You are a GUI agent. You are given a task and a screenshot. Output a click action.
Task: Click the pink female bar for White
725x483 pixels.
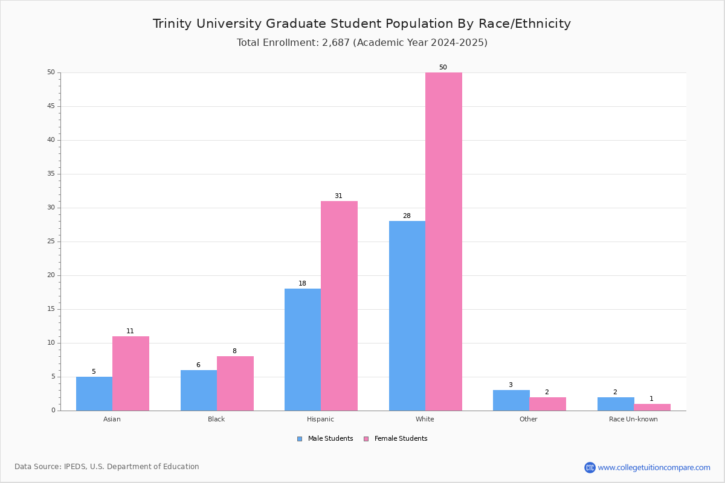(x=443, y=241)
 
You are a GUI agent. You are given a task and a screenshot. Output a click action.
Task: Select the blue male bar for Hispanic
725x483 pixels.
(x=303, y=350)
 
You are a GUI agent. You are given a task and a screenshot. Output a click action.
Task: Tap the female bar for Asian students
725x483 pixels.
(x=130, y=373)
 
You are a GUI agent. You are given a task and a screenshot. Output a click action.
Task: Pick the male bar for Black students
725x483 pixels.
(x=199, y=390)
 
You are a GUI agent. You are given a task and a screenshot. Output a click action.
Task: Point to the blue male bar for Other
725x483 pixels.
(x=511, y=400)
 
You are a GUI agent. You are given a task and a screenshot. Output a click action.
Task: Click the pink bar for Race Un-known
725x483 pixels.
(x=652, y=407)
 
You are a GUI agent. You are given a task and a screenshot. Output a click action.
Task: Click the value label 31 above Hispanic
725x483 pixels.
(x=338, y=196)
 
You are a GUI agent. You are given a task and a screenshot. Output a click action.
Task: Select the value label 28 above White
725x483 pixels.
(x=407, y=216)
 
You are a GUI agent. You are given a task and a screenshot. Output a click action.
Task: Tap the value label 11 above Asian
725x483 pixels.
(x=130, y=331)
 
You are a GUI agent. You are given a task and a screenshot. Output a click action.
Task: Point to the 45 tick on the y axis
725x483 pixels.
(x=51, y=106)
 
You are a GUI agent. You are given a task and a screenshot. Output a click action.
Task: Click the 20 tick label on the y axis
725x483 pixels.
(x=51, y=275)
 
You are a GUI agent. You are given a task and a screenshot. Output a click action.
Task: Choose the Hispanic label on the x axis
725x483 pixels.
(x=320, y=419)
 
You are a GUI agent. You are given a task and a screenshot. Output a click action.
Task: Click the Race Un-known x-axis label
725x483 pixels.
(x=633, y=419)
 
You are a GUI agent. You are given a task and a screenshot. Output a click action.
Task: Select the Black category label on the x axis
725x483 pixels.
(x=216, y=419)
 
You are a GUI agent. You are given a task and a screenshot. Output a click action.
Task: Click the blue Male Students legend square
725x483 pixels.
(x=300, y=439)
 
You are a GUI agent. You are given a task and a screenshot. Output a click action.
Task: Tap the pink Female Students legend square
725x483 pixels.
(x=366, y=439)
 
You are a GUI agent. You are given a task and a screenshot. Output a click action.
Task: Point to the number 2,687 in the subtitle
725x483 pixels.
(x=336, y=43)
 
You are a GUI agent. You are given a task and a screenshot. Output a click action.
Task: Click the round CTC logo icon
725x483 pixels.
(x=590, y=467)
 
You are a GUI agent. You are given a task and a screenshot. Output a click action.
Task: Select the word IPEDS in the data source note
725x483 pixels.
(x=75, y=467)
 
